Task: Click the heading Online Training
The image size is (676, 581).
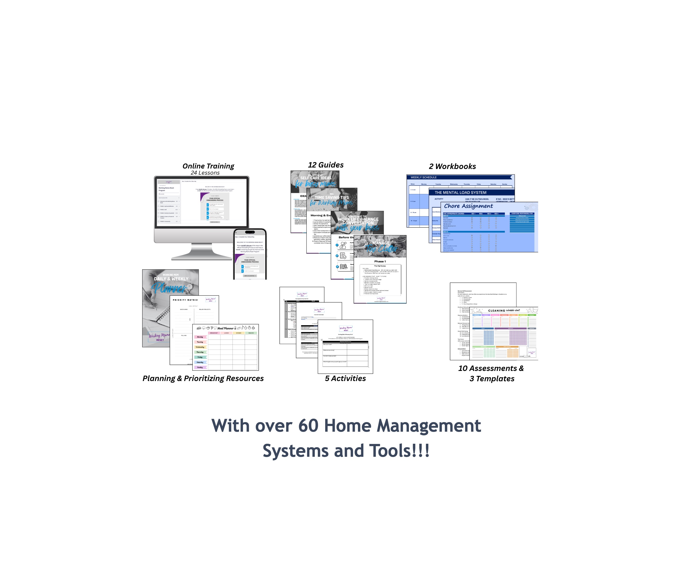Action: point(208,166)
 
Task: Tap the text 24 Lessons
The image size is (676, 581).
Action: point(205,173)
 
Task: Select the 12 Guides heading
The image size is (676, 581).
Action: point(326,165)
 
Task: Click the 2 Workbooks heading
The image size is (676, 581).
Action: point(452,166)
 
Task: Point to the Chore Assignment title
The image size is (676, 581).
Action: point(468,206)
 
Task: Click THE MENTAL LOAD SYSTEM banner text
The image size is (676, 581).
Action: point(460,193)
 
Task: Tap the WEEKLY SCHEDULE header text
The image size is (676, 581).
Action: point(423,177)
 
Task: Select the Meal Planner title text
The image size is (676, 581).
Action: point(226,328)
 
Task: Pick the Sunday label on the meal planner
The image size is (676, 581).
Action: point(200,367)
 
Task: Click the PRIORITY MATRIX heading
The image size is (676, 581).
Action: point(185,300)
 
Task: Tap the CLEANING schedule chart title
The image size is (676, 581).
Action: point(504,310)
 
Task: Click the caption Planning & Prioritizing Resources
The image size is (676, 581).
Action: point(203,378)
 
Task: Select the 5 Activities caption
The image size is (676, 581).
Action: point(345,378)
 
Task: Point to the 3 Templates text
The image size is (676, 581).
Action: point(492,379)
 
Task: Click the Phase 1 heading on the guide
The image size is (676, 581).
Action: point(380,261)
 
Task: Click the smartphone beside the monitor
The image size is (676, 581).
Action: point(250,254)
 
